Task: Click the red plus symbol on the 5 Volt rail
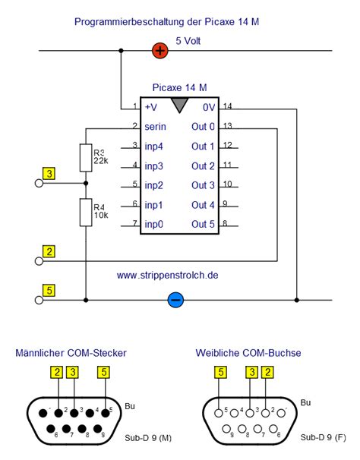pyautogui.click(x=160, y=50)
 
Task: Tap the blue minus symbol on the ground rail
pyautogui.click(x=175, y=300)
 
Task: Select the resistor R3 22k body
pyautogui.click(x=86, y=158)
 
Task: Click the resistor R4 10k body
pyautogui.click(x=86, y=213)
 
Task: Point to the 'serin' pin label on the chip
pyautogui.click(x=156, y=127)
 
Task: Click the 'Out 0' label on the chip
pyautogui.click(x=203, y=127)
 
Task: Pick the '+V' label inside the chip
pyautogui.click(x=151, y=107)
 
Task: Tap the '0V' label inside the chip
pyautogui.click(x=209, y=107)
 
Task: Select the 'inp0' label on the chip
pyautogui.click(x=153, y=224)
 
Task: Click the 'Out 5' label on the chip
pyautogui.click(x=203, y=224)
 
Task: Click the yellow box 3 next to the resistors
pyautogui.click(x=49, y=173)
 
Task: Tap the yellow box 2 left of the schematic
pyautogui.click(x=49, y=251)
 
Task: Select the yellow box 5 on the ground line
pyautogui.click(x=49, y=291)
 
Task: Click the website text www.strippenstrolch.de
pyautogui.click(x=167, y=276)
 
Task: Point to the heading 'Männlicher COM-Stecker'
pyautogui.click(x=71, y=353)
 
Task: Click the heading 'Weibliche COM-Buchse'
pyautogui.click(x=248, y=353)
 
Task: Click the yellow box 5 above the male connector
pyautogui.click(x=103, y=372)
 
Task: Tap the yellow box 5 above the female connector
pyautogui.click(x=220, y=372)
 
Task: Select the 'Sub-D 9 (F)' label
pyautogui.click(x=324, y=437)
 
